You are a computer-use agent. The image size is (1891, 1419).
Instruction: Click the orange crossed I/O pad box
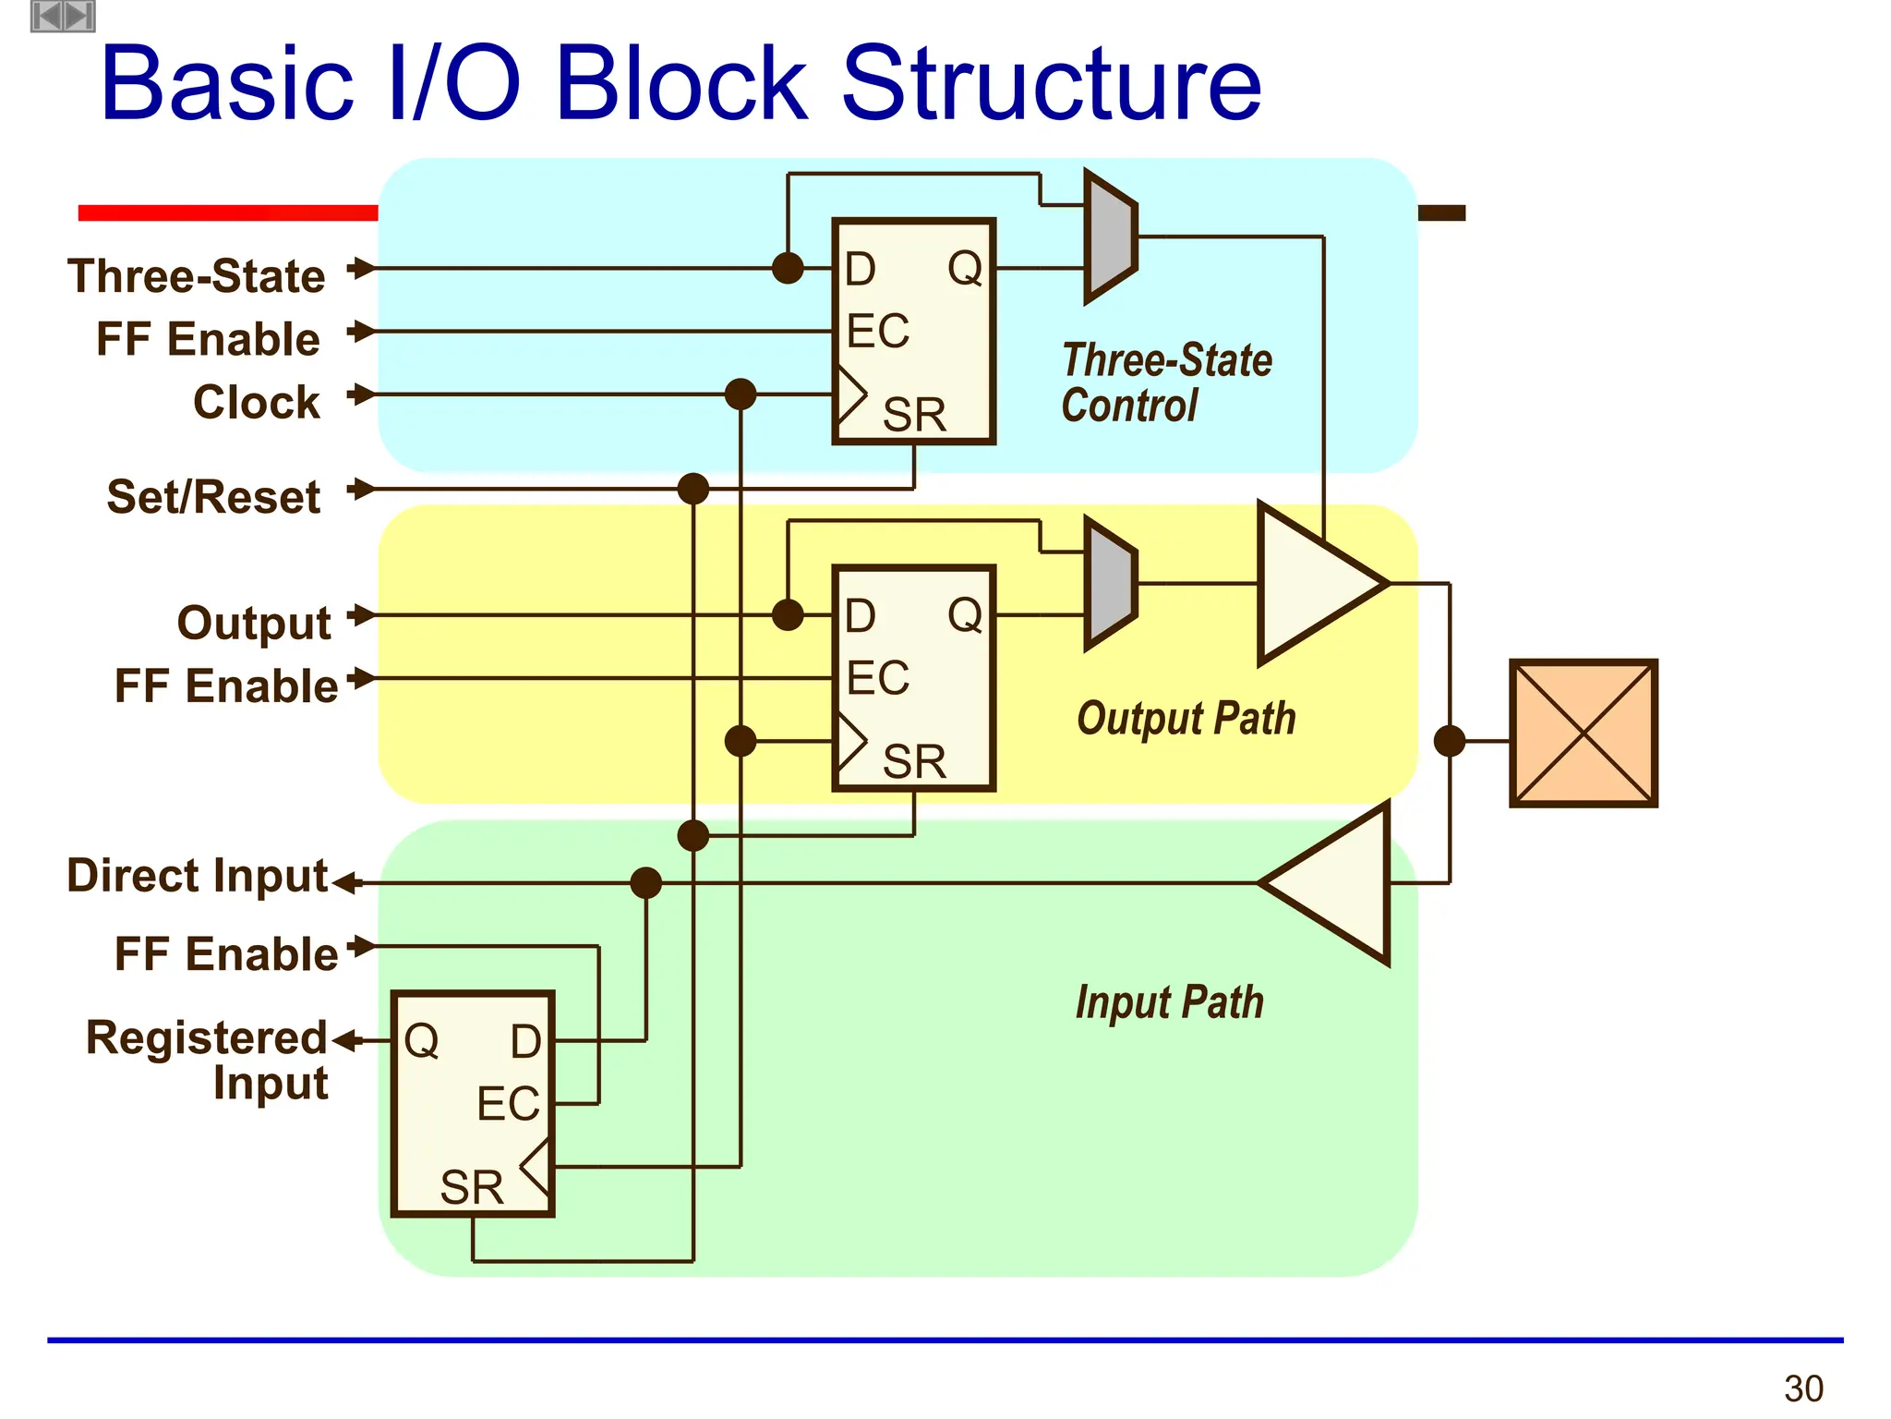click(1583, 734)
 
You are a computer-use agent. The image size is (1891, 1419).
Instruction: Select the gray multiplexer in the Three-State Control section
click(1111, 236)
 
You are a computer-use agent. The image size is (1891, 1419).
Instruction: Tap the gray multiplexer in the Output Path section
click(1111, 584)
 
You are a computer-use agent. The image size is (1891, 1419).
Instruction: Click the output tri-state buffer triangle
click(1316, 584)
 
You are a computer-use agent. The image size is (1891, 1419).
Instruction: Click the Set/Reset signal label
click(213, 497)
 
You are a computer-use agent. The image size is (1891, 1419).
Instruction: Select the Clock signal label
click(256, 402)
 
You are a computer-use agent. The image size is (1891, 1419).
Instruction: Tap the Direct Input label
click(197, 875)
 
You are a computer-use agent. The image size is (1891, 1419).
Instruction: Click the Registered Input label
click(207, 1060)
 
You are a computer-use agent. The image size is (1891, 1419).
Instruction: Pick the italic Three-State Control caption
click(1166, 382)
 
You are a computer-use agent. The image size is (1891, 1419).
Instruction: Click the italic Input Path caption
click(1169, 1002)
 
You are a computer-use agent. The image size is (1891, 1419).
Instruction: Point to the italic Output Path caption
click(1186, 719)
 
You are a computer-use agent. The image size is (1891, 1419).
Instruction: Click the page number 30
click(1802, 1389)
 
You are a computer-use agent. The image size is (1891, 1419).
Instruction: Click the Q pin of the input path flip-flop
click(422, 1041)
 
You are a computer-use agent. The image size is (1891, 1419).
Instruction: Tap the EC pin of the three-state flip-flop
click(877, 331)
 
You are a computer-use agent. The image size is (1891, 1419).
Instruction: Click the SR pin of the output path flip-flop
click(913, 761)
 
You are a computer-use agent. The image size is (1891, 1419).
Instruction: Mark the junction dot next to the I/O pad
click(1450, 741)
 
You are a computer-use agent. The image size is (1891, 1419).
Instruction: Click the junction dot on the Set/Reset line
click(693, 489)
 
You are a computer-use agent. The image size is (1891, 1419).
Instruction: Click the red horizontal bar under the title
click(228, 213)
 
